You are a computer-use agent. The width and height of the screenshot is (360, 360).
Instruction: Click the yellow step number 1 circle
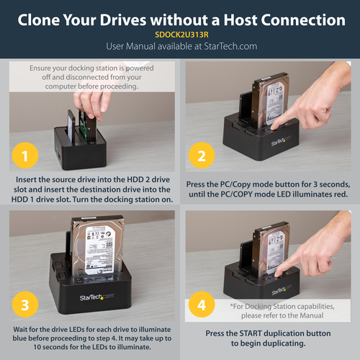(25, 156)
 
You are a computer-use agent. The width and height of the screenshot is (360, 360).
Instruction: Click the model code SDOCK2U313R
(180, 33)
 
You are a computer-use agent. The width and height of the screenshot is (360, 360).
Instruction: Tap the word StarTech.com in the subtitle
(230, 45)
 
